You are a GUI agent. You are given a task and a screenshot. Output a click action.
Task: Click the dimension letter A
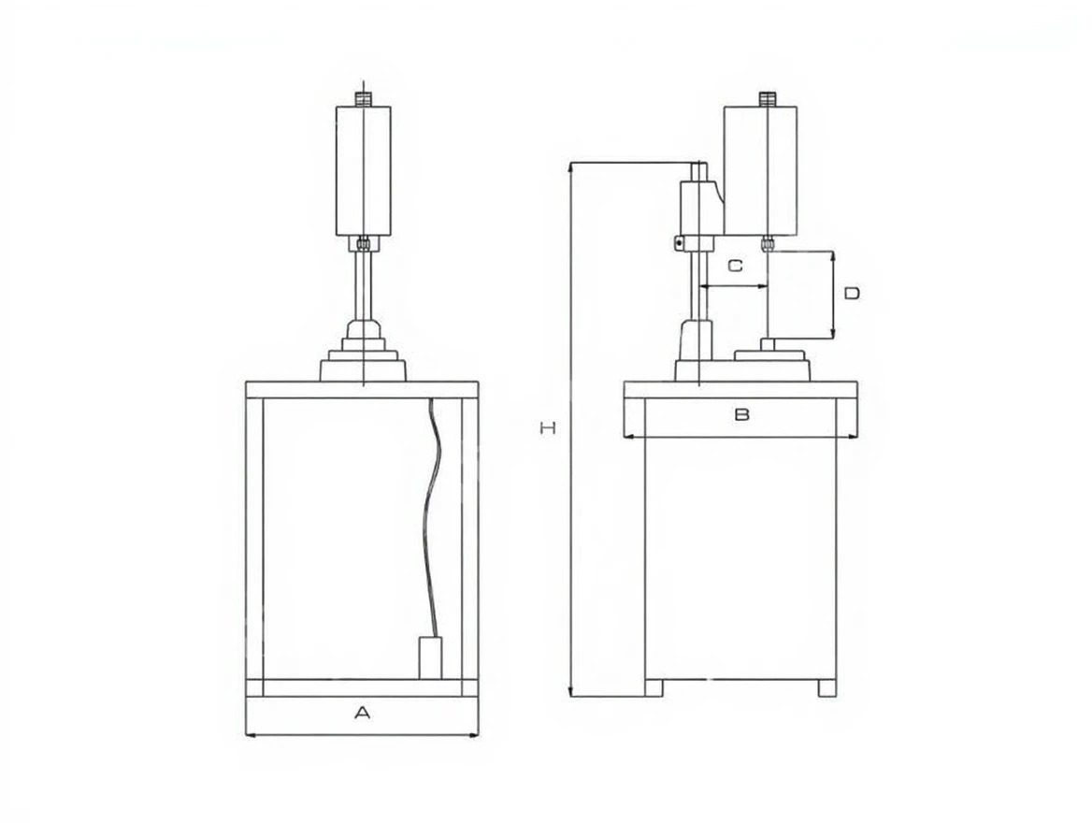pyautogui.click(x=362, y=713)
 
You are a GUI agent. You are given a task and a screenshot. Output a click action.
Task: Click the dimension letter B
pyautogui.click(x=742, y=414)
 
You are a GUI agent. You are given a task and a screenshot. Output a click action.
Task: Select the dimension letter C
pyautogui.click(x=736, y=266)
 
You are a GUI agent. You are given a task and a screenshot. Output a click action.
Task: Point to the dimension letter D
pyautogui.click(x=852, y=294)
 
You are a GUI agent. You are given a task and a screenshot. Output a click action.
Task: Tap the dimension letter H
pyautogui.click(x=548, y=428)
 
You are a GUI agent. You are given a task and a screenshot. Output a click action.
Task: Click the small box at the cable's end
pyautogui.click(x=432, y=657)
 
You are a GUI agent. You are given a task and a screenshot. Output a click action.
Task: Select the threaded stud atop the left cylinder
pyautogui.click(x=363, y=98)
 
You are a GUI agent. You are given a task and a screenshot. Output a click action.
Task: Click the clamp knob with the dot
pyautogui.click(x=679, y=243)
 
